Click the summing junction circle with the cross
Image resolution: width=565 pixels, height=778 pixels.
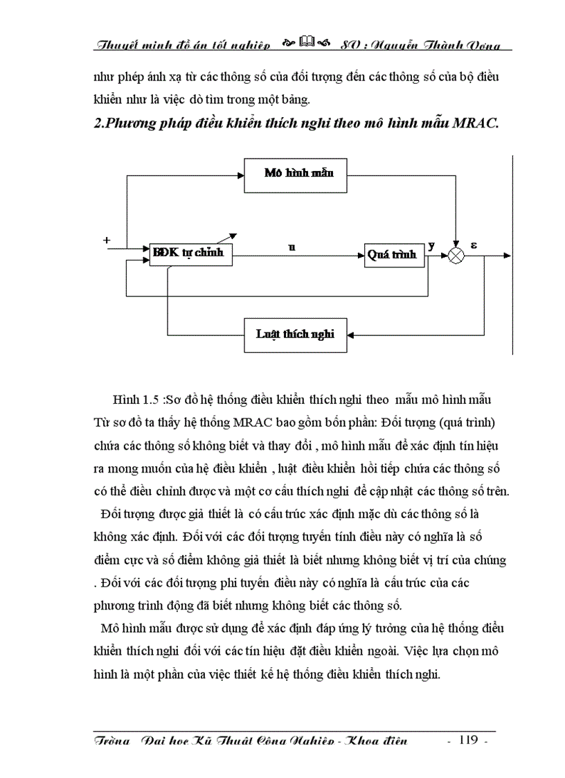point(456,256)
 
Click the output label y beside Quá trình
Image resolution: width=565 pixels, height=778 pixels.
point(432,246)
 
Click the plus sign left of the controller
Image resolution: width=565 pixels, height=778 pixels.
point(107,240)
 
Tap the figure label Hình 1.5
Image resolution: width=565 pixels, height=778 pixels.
point(131,400)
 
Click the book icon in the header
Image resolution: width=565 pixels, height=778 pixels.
point(307,45)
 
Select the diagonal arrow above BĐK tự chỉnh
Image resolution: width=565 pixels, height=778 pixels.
point(235,238)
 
